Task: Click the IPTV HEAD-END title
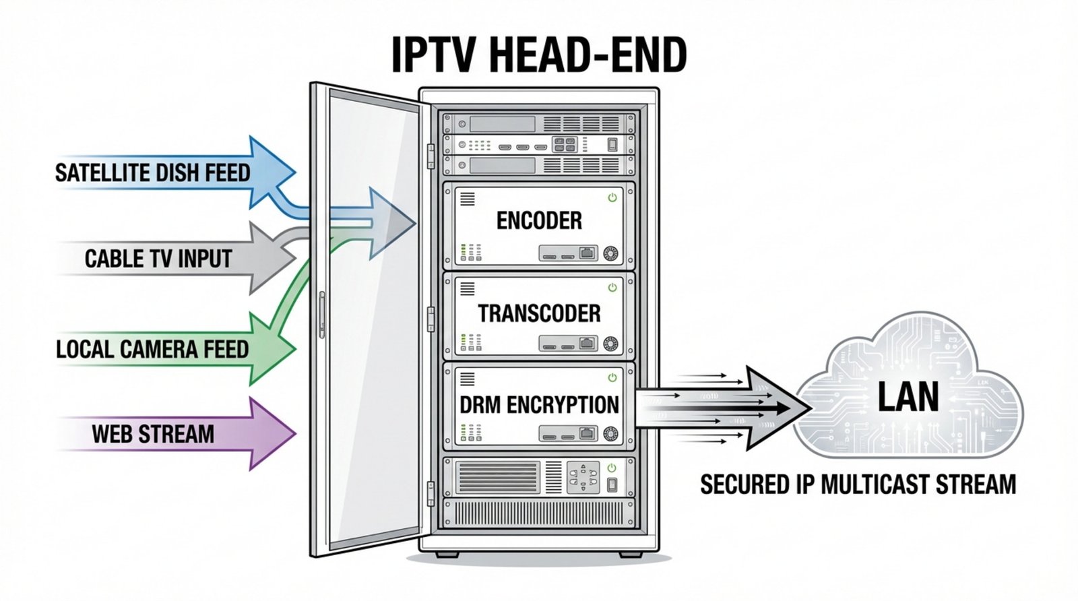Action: (x=539, y=55)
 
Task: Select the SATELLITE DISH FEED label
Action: (x=152, y=173)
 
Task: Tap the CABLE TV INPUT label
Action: (x=158, y=259)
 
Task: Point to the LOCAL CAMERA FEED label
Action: (x=152, y=349)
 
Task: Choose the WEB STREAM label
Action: (x=153, y=434)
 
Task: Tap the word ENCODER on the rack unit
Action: (x=539, y=220)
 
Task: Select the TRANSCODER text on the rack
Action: (x=539, y=313)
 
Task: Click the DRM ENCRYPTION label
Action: (x=539, y=405)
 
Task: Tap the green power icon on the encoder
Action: (x=612, y=197)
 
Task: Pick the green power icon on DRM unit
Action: (x=612, y=377)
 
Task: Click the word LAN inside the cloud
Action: (x=908, y=398)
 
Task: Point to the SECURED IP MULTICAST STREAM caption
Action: (x=858, y=484)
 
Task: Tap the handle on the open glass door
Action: (x=322, y=314)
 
